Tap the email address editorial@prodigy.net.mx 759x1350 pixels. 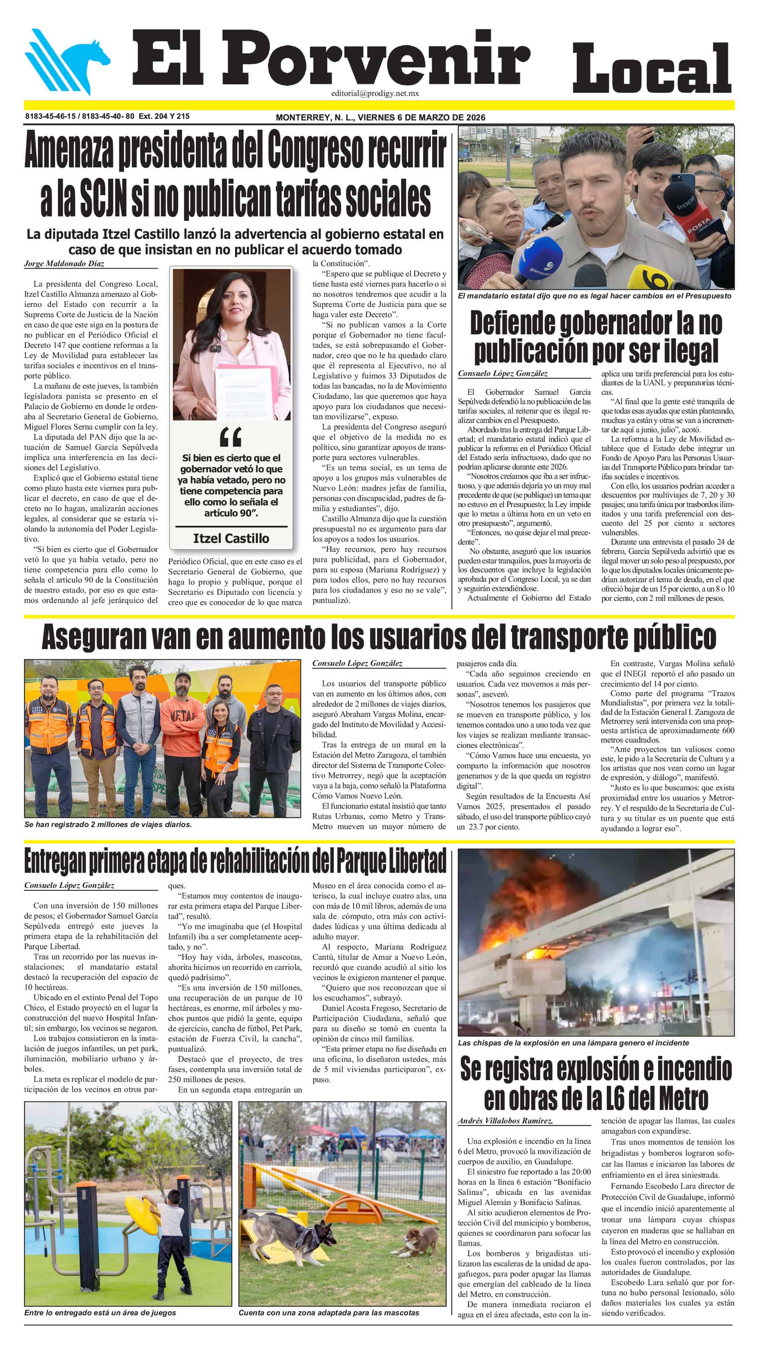pos(375,93)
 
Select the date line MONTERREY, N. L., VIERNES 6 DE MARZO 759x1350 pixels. pos(380,118)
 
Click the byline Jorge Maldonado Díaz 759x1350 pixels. pos(64,264)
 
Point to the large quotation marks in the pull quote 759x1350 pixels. pos(231,436)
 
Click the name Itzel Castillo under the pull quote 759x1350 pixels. pos(231,538)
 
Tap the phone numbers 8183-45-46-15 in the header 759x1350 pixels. pos(50,116)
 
